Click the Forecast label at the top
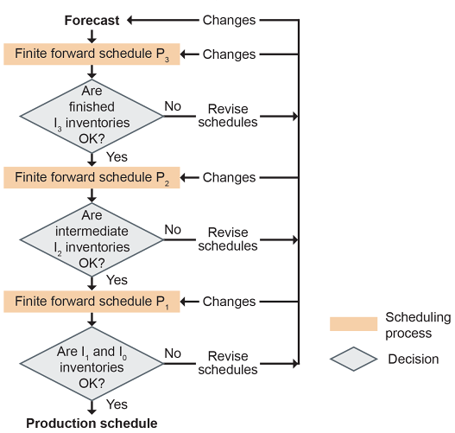click(x=92, y=21)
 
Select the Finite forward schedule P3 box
click(x=92, y=54)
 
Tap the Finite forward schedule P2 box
click(x=92, y=178)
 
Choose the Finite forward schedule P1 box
click(x=92, y=302)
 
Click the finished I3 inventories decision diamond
click(x=92, y=116)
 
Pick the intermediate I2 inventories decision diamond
click(x=92, y=240)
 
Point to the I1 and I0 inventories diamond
click(x=92, y=364)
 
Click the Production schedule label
click(x=92, y=423)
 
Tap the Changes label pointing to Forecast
click(x=229, y=21)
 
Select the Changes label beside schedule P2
click(x=229, y=177)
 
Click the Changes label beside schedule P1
click(x=229, y=302)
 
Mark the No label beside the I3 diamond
click(x=173, y=106)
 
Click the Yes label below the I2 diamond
click(x=117, y=280)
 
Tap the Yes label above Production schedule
click(x=117, y=404)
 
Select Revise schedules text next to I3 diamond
click(x=228, y=116)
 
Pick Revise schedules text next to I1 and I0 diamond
click(x=228, y=363)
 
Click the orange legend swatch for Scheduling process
click(x=353, y=324)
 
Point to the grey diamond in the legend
click(x=353, y=359)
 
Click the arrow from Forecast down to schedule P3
click(x=92, y=36)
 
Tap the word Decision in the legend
click(x=414, y=360)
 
